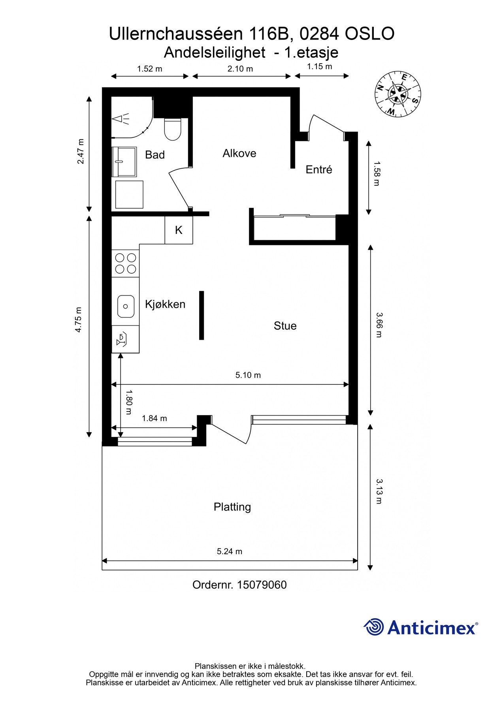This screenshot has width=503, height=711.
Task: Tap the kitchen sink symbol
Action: point(126,306)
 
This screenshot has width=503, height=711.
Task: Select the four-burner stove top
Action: point(125,263)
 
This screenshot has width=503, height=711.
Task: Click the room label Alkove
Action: point(239,153)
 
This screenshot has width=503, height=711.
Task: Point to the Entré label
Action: point(318,169)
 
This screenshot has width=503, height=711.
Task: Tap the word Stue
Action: point(285,326)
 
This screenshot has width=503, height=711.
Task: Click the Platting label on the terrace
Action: point(232,507)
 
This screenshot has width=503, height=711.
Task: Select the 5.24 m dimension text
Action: point(229,551)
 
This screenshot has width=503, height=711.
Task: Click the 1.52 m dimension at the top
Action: point(149,69)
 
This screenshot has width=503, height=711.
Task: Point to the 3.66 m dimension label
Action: point(379,325)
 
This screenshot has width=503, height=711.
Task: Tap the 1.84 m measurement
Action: point(154,418)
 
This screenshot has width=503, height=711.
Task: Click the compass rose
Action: point(398,94)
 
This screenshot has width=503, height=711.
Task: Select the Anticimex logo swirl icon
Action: point(373,627)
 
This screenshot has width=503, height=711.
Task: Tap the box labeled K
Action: point(179,230)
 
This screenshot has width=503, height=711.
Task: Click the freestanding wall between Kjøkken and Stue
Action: point(202,315)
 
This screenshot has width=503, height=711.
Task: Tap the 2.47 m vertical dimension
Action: point(81,151)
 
